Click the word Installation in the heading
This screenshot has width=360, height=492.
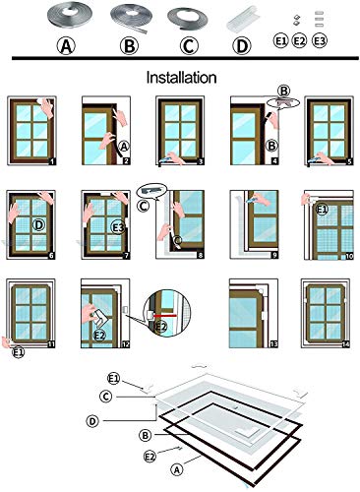tap(180, 76)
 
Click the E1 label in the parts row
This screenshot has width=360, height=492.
tap(279, 43)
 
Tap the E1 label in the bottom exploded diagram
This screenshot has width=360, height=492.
tap(114, 379)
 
